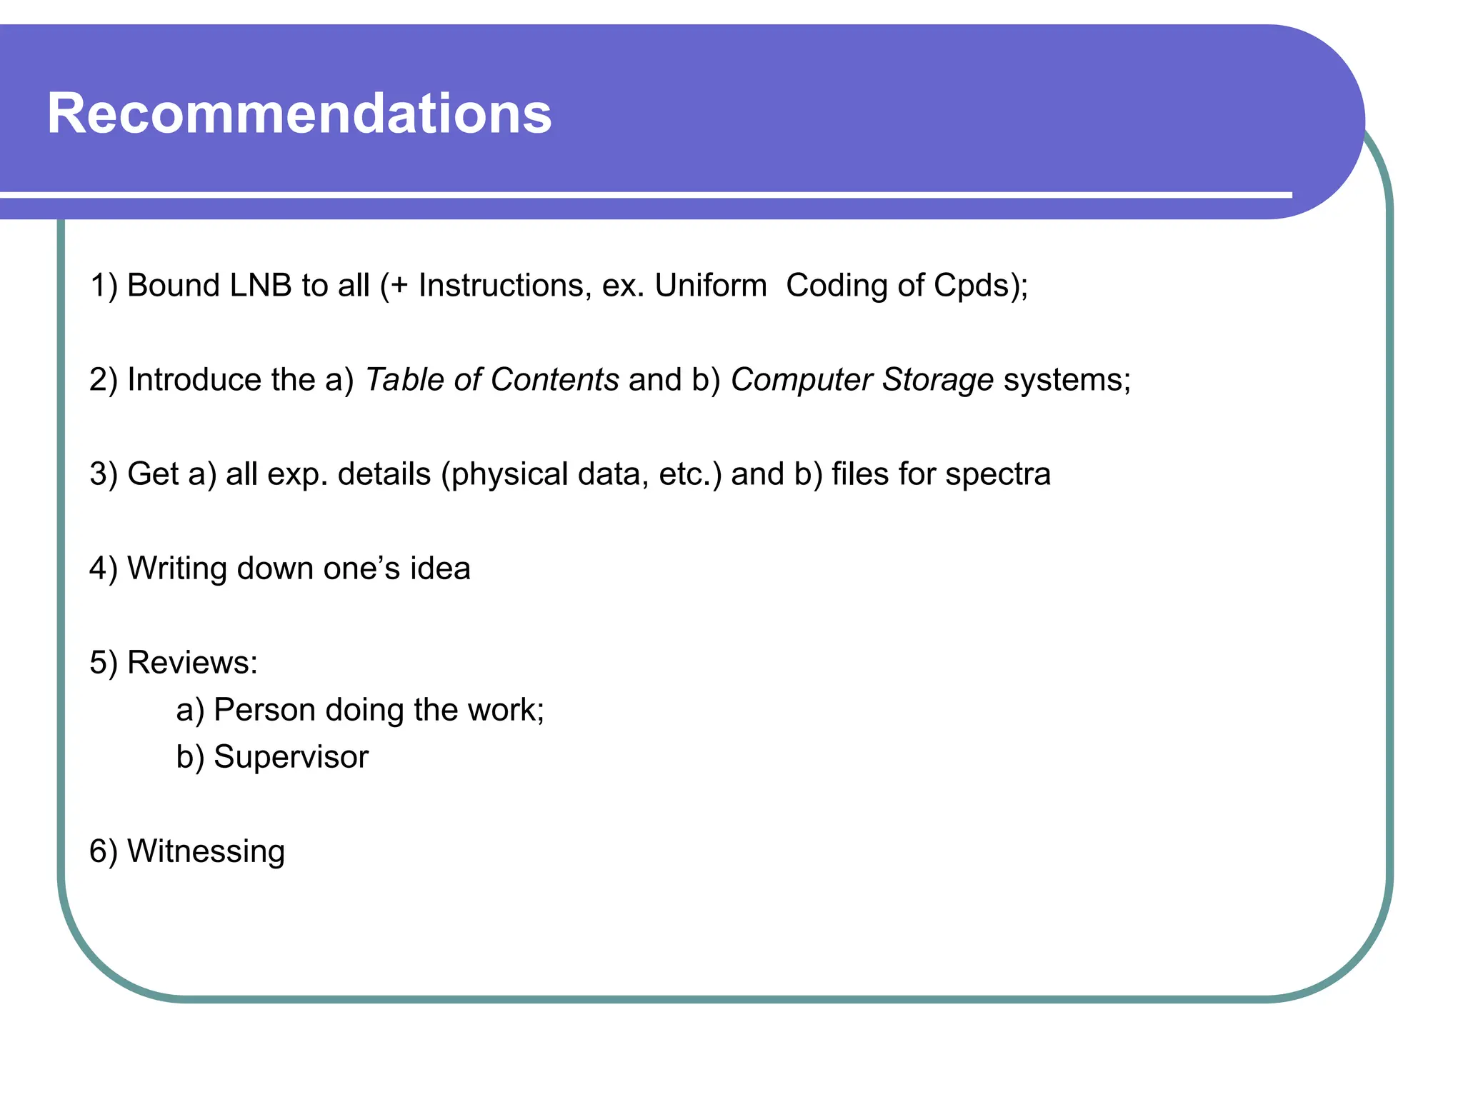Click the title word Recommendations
click(x=299, y=114)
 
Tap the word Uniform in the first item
click(x=711, y=286)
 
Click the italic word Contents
click(x=554, y=380)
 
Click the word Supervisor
click(x=291, y=758)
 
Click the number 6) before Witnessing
click(x=104, y=852)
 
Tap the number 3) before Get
click(x=104, y=475)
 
